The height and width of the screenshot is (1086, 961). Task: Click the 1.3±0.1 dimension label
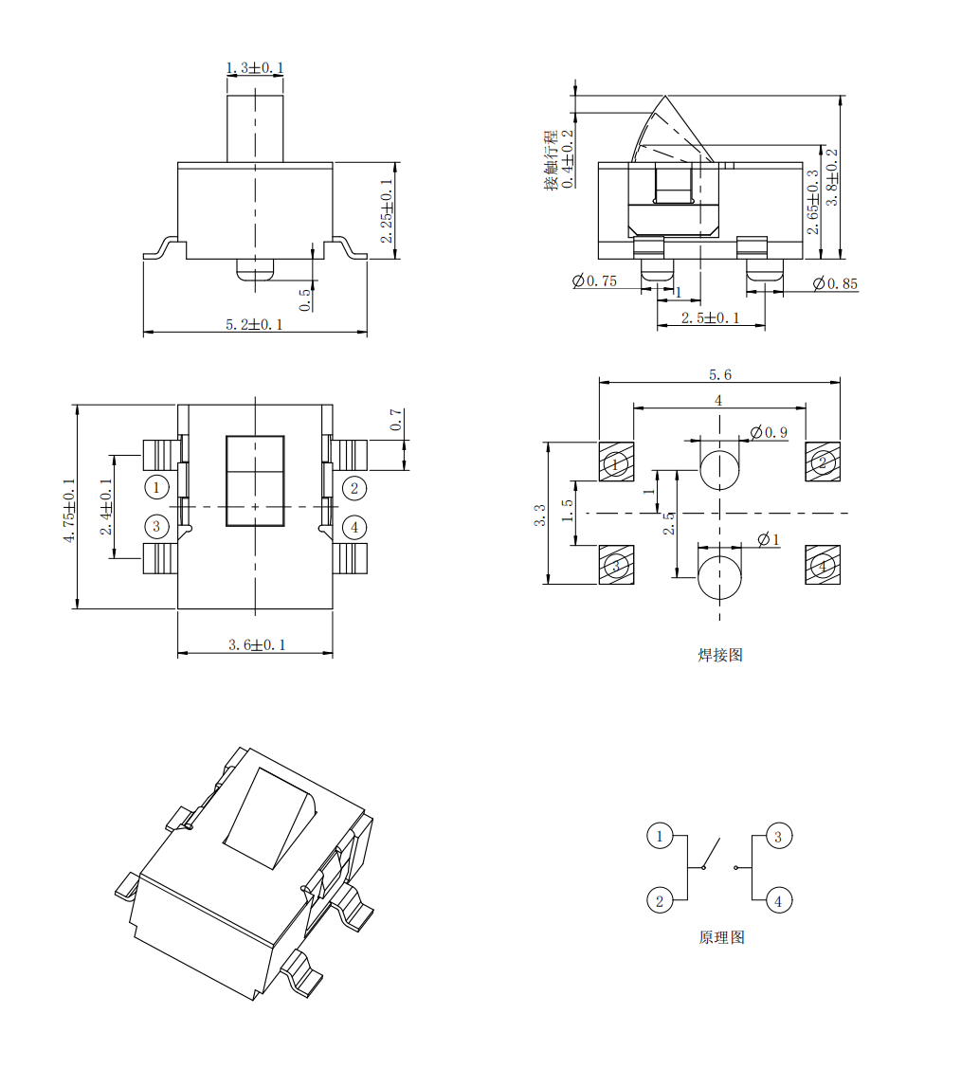(x=255, y=68)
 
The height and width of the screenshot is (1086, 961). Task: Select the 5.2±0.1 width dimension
(x=254, y=324)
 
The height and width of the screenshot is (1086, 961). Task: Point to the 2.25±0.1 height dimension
(x=387, y=211)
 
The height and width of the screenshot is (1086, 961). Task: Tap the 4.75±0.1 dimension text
(x=69, y=511)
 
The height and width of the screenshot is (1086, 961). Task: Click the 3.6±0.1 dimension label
(x=257, y=644)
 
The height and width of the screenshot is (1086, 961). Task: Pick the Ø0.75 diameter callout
(x=594, y=281)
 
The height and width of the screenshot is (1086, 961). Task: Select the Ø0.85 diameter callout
(x=835, y=283)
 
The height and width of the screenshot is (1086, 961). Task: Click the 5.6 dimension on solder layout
(x=720, y=374)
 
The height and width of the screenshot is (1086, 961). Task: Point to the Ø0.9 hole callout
(x=769, y=433)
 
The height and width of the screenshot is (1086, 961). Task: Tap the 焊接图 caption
(x=720, y=655)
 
